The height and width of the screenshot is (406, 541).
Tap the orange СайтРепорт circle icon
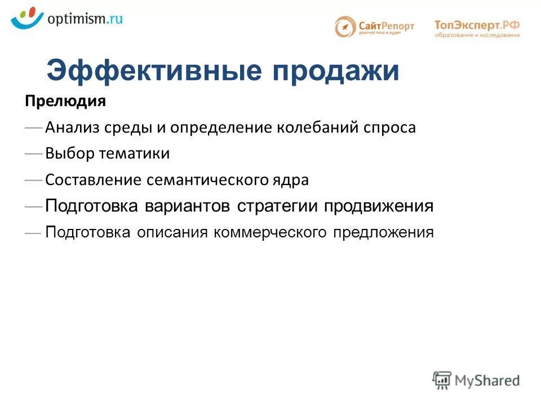345,27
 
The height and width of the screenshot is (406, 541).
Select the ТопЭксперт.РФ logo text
477,25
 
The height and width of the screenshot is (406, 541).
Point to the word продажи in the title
336,72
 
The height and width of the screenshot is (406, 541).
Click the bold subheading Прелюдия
65,102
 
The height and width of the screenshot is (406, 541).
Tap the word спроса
389,128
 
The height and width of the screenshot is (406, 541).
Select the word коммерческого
270,232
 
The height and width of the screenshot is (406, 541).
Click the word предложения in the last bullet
383,232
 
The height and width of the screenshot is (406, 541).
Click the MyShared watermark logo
476,379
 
